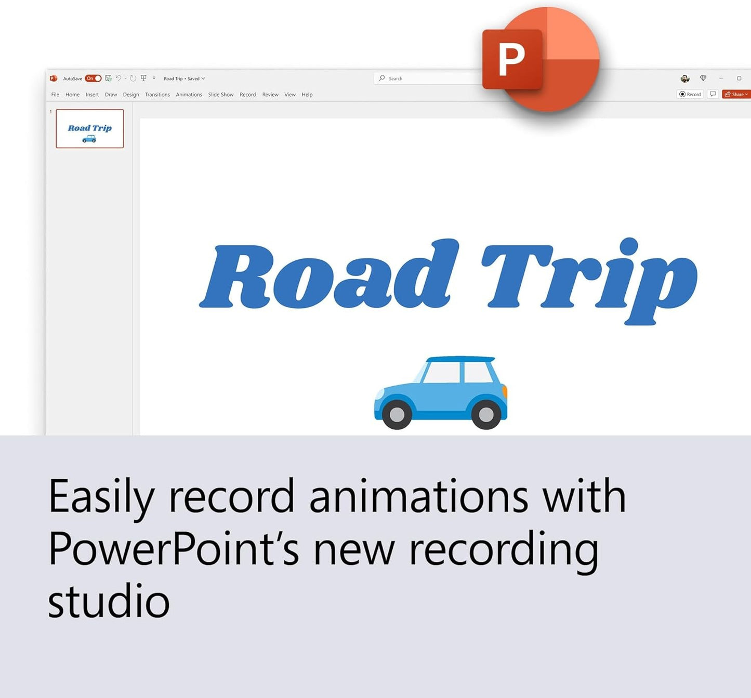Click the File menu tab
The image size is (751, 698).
[55, 95]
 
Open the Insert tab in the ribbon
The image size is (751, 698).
[93, 95]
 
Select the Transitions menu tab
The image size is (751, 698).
[157, 95]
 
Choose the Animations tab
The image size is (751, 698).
[189, 95]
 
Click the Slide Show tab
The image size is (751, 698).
[221, 95]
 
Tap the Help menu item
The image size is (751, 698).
[307, 95]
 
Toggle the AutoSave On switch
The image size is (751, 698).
[93, 78]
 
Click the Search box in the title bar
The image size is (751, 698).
[427, 78]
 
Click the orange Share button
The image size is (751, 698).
[736, 94]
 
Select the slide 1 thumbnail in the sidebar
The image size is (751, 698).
[89, 128]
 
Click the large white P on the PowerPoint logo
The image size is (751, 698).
[511, 59]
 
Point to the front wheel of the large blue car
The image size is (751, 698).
[397, 415]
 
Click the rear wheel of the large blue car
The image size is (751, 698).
[486, 415]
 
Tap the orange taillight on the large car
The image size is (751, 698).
[505, 392]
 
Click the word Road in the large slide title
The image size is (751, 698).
[329, 274]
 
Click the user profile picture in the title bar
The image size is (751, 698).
[685, 78]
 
